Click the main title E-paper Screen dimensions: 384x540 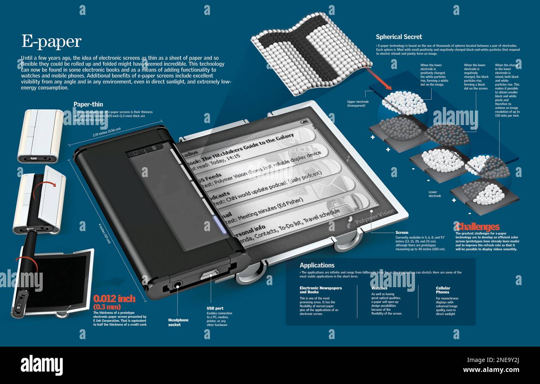[x=51, y=42]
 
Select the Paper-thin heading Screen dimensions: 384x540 [x=88, y=104]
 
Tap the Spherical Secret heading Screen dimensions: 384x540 [x=399, y=37]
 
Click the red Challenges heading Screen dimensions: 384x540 [x=477, y=227]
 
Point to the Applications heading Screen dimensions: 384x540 [x=317, y=265]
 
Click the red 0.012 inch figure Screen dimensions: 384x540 [x=114, y=299]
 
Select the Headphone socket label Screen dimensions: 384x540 [x=178, y=322]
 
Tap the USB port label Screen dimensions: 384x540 [x=215, y=308]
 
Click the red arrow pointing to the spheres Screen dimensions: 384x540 [x=380, y=80]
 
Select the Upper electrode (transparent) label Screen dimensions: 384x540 [x=358, y=103]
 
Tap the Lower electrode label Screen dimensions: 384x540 [x=435, y=194]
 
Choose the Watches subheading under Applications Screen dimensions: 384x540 [x=379, y=288]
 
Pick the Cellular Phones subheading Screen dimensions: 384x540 [x=443, y=290]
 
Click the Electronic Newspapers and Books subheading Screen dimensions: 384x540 [x=321, y=290]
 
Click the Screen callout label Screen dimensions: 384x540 [x=402, y=233]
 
